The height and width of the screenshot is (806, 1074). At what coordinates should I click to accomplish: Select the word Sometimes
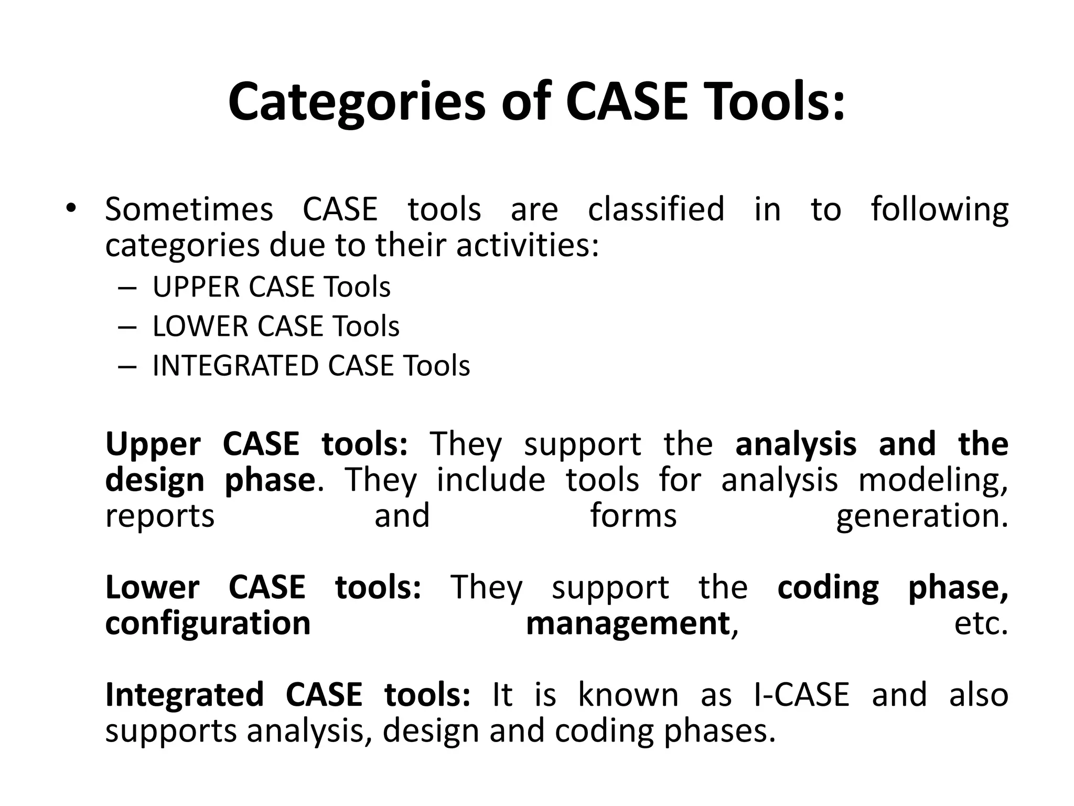[x=189, y=209]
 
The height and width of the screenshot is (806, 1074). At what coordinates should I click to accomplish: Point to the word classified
[x=656, y=209]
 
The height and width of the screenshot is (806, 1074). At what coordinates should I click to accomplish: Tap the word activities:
[x=528, y=246]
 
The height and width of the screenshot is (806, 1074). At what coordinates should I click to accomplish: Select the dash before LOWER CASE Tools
[x=127, y=327]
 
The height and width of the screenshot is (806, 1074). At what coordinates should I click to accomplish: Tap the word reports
[x=160, y=516]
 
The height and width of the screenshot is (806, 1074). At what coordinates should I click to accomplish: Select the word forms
[x=633, y=515]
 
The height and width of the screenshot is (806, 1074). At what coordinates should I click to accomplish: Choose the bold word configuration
[x=208, y=624]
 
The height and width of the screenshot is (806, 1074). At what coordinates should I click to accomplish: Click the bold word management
[x=628, y=624]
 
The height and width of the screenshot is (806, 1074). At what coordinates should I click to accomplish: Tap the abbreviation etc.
[x=981, y=624]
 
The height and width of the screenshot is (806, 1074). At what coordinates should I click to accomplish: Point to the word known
[x=628, y=695]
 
